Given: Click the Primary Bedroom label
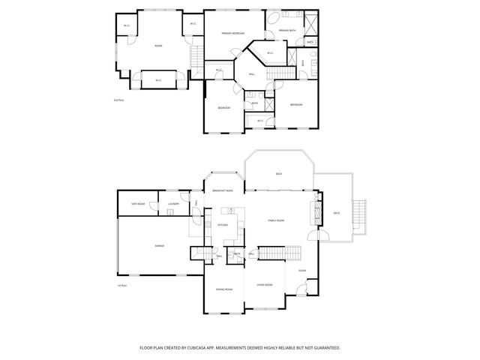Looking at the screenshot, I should click(x=232, y=34).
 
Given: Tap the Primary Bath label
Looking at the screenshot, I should click(x=287, y=31).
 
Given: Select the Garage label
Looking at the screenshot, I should click(x=160, y=245).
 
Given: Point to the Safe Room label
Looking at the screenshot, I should click(x=138, y=203).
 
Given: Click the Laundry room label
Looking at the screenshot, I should click(x=173, y=203).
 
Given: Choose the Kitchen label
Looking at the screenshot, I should click(x=223, y=225).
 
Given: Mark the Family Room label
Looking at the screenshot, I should click(x=277, y=220).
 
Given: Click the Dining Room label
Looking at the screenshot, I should click(x=223, y=289).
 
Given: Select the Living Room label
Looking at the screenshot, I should click(x=264, y=285).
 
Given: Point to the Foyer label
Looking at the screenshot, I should click(x=302, y=271).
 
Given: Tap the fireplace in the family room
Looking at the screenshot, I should click(x=318, y=213).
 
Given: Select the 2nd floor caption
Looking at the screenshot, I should click(x=118, y=99).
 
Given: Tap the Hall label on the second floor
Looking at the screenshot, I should click(x=252, y=73).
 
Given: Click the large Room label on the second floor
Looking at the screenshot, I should click(x=158, y=46).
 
